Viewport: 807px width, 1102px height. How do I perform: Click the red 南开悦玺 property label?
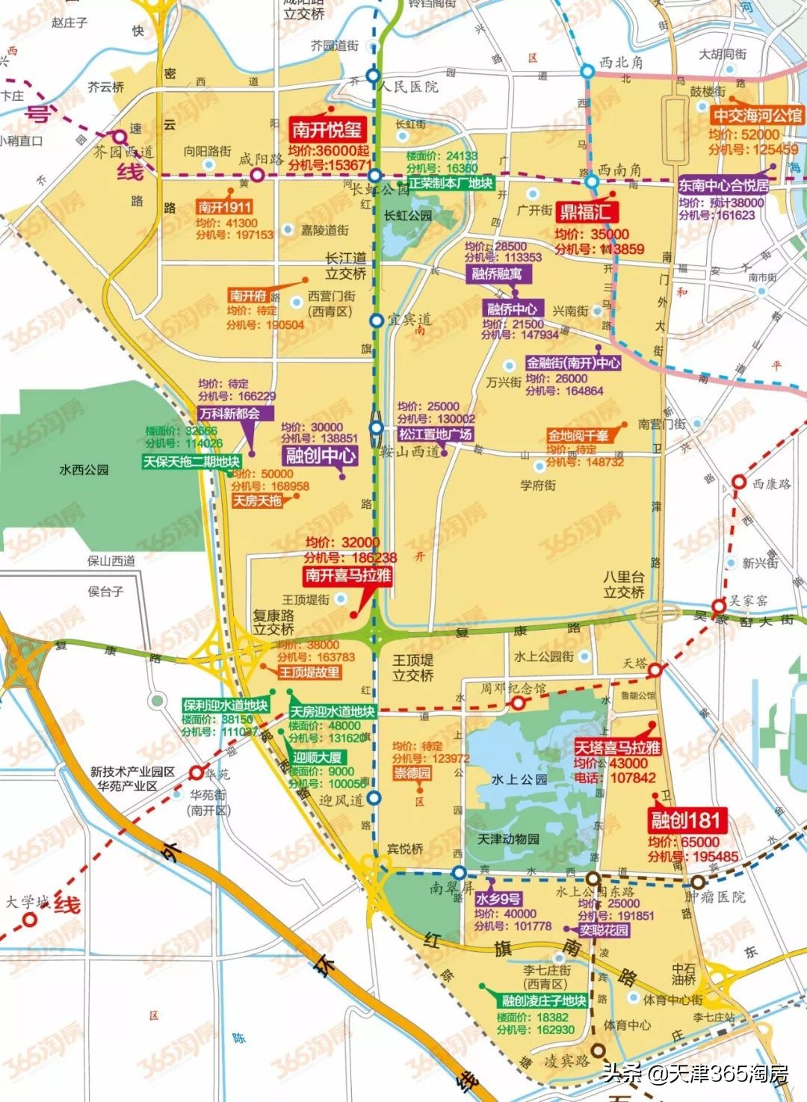pos(327,130)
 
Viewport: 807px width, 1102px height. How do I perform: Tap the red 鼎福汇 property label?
pos(585,212)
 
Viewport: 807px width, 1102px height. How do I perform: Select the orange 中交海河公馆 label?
pos(757,115)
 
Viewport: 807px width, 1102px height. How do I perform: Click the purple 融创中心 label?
pos(321,455)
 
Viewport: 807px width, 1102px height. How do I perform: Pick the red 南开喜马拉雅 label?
pos(348,575)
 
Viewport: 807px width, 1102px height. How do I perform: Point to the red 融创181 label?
pos(685,820)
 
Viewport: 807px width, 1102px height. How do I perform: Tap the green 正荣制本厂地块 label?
pos(450,183)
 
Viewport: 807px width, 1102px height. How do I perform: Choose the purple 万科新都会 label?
pos(230,413)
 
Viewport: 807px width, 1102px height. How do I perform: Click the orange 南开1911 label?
pos(225,207)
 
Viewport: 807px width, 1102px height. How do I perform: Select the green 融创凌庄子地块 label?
pos(543,1000)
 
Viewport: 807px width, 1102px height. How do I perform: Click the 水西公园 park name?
pos(84,470)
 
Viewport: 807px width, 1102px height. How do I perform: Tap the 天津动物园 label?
pos(508,839)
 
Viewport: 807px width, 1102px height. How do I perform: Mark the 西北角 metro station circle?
pos(588,72)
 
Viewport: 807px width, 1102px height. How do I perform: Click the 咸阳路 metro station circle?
pos(257,176)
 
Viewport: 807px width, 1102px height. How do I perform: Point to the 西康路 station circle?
pos(738,483)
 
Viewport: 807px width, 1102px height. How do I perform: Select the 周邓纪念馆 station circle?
pos(518,702)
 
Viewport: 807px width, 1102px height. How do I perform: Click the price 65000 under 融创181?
pos(699,842)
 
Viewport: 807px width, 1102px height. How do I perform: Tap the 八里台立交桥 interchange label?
pos(624,584)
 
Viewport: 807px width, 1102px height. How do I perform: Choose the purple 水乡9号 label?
pos(498,899)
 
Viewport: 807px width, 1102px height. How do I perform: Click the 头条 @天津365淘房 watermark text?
pos(695,1074)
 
